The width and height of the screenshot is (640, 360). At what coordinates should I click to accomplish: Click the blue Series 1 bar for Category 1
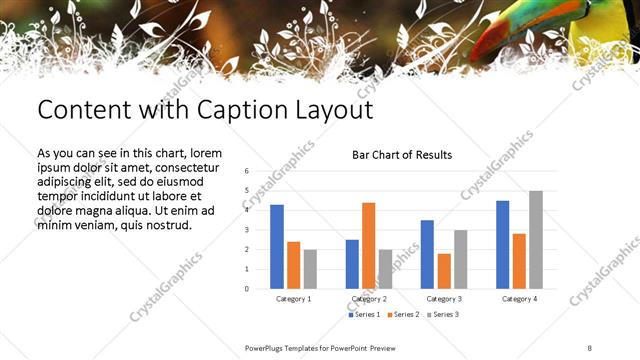point(277,247)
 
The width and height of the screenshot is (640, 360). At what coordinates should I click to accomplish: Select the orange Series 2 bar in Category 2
point(368,246)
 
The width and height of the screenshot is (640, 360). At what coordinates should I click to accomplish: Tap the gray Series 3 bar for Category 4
point(536,240)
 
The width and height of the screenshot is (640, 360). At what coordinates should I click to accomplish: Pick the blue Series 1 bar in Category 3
point(427,254)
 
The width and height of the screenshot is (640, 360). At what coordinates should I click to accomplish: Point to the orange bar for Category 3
point(444,271)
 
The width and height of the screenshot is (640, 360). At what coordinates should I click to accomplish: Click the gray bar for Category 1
point(310,269)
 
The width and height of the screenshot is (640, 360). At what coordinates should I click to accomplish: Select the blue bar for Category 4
point(502,245)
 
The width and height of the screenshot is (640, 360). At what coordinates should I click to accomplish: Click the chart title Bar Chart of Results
point(402,155)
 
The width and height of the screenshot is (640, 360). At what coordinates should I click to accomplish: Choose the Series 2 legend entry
point(403,315)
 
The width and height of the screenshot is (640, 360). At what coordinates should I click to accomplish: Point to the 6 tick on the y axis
point(246,171)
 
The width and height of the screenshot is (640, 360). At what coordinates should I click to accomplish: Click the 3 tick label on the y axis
point(246,230)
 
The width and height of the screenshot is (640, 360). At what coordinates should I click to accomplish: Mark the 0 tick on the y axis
point(246,289)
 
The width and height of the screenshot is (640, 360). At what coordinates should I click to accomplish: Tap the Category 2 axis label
point(368,299)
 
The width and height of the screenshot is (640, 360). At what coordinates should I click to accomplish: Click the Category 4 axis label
point(518,299)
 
